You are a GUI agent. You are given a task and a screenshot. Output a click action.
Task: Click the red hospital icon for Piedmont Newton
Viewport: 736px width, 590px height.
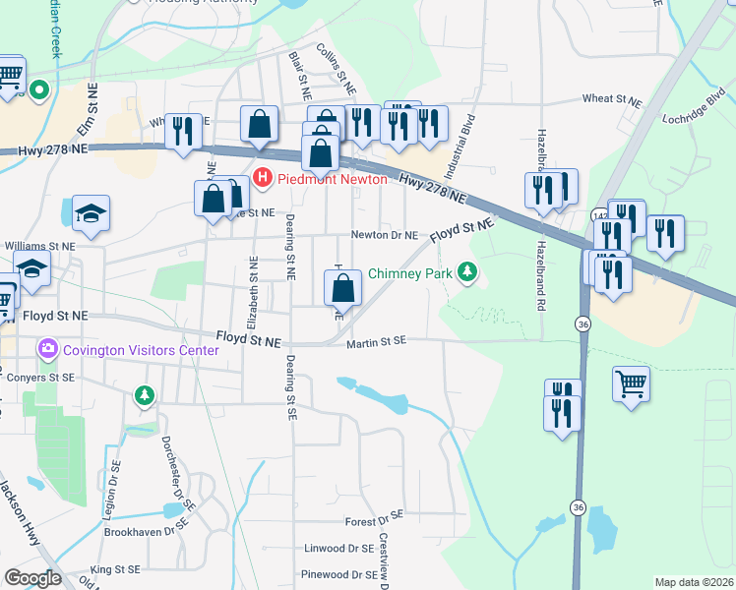pyautogui.click(x=263, y=179)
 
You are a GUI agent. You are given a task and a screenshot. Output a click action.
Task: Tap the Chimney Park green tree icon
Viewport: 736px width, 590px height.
pyautogui.click(x=468, y=273)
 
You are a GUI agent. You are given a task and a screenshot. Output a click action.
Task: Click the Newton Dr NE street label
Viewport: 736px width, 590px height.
pyautogui.click(x=386, y=236)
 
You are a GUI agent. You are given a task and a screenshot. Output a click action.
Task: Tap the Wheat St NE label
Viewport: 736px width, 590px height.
pyautogui.click(x=611, y=99)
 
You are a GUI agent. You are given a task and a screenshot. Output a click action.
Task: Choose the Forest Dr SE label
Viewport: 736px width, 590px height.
pyautogui.click(x=374, y=516)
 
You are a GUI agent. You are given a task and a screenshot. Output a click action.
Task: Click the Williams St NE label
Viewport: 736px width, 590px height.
pyautogui.click(x=39, y=246)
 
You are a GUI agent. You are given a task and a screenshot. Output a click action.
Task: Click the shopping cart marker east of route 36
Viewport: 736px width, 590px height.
pyautogui.click(x=631, y=384)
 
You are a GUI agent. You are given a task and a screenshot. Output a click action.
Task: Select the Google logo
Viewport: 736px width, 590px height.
pyautogui.click(x=32, y=577)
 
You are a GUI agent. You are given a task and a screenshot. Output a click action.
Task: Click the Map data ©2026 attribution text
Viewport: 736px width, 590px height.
pyautogui.click(x=694, y=582)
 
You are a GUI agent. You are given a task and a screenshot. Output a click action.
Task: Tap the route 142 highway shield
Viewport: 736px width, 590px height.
pyautogui.click(x=599, y=215)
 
